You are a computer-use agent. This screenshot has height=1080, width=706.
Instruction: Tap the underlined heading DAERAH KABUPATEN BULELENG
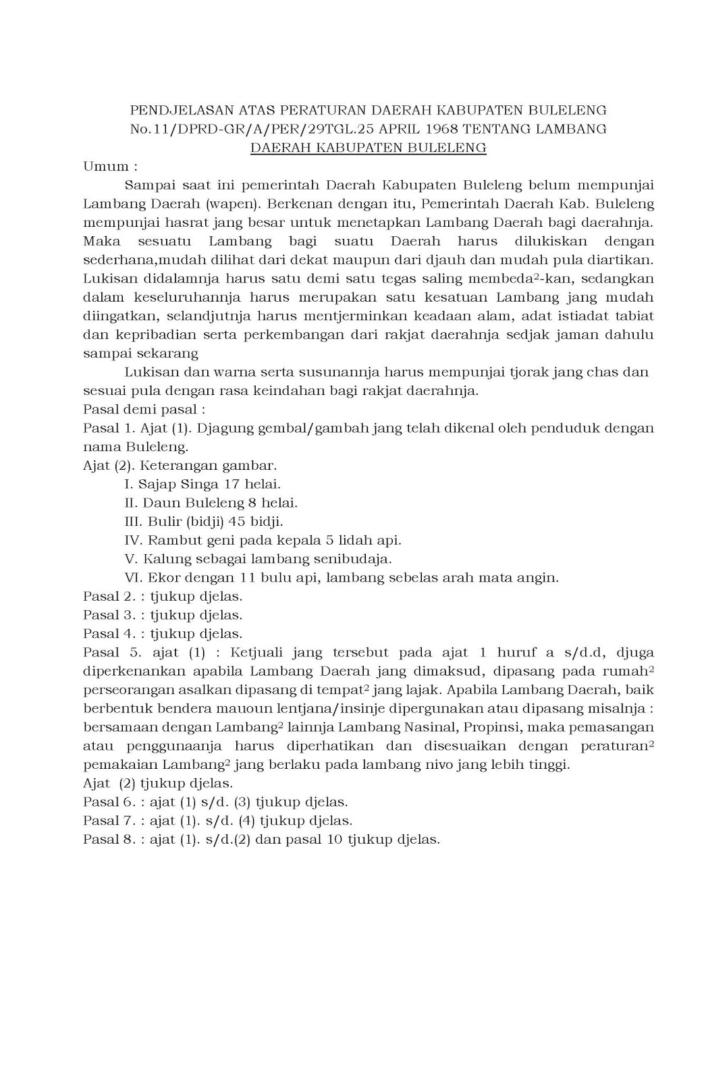click(369, 147)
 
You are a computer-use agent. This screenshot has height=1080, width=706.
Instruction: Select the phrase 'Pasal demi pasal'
click(143, 409)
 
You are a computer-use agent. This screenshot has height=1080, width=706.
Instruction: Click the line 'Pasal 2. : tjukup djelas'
click(162, 597)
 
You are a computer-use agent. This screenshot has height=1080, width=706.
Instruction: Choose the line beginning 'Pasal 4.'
click(162, 634)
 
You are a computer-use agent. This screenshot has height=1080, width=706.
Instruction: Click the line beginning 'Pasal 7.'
click(217, 821)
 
